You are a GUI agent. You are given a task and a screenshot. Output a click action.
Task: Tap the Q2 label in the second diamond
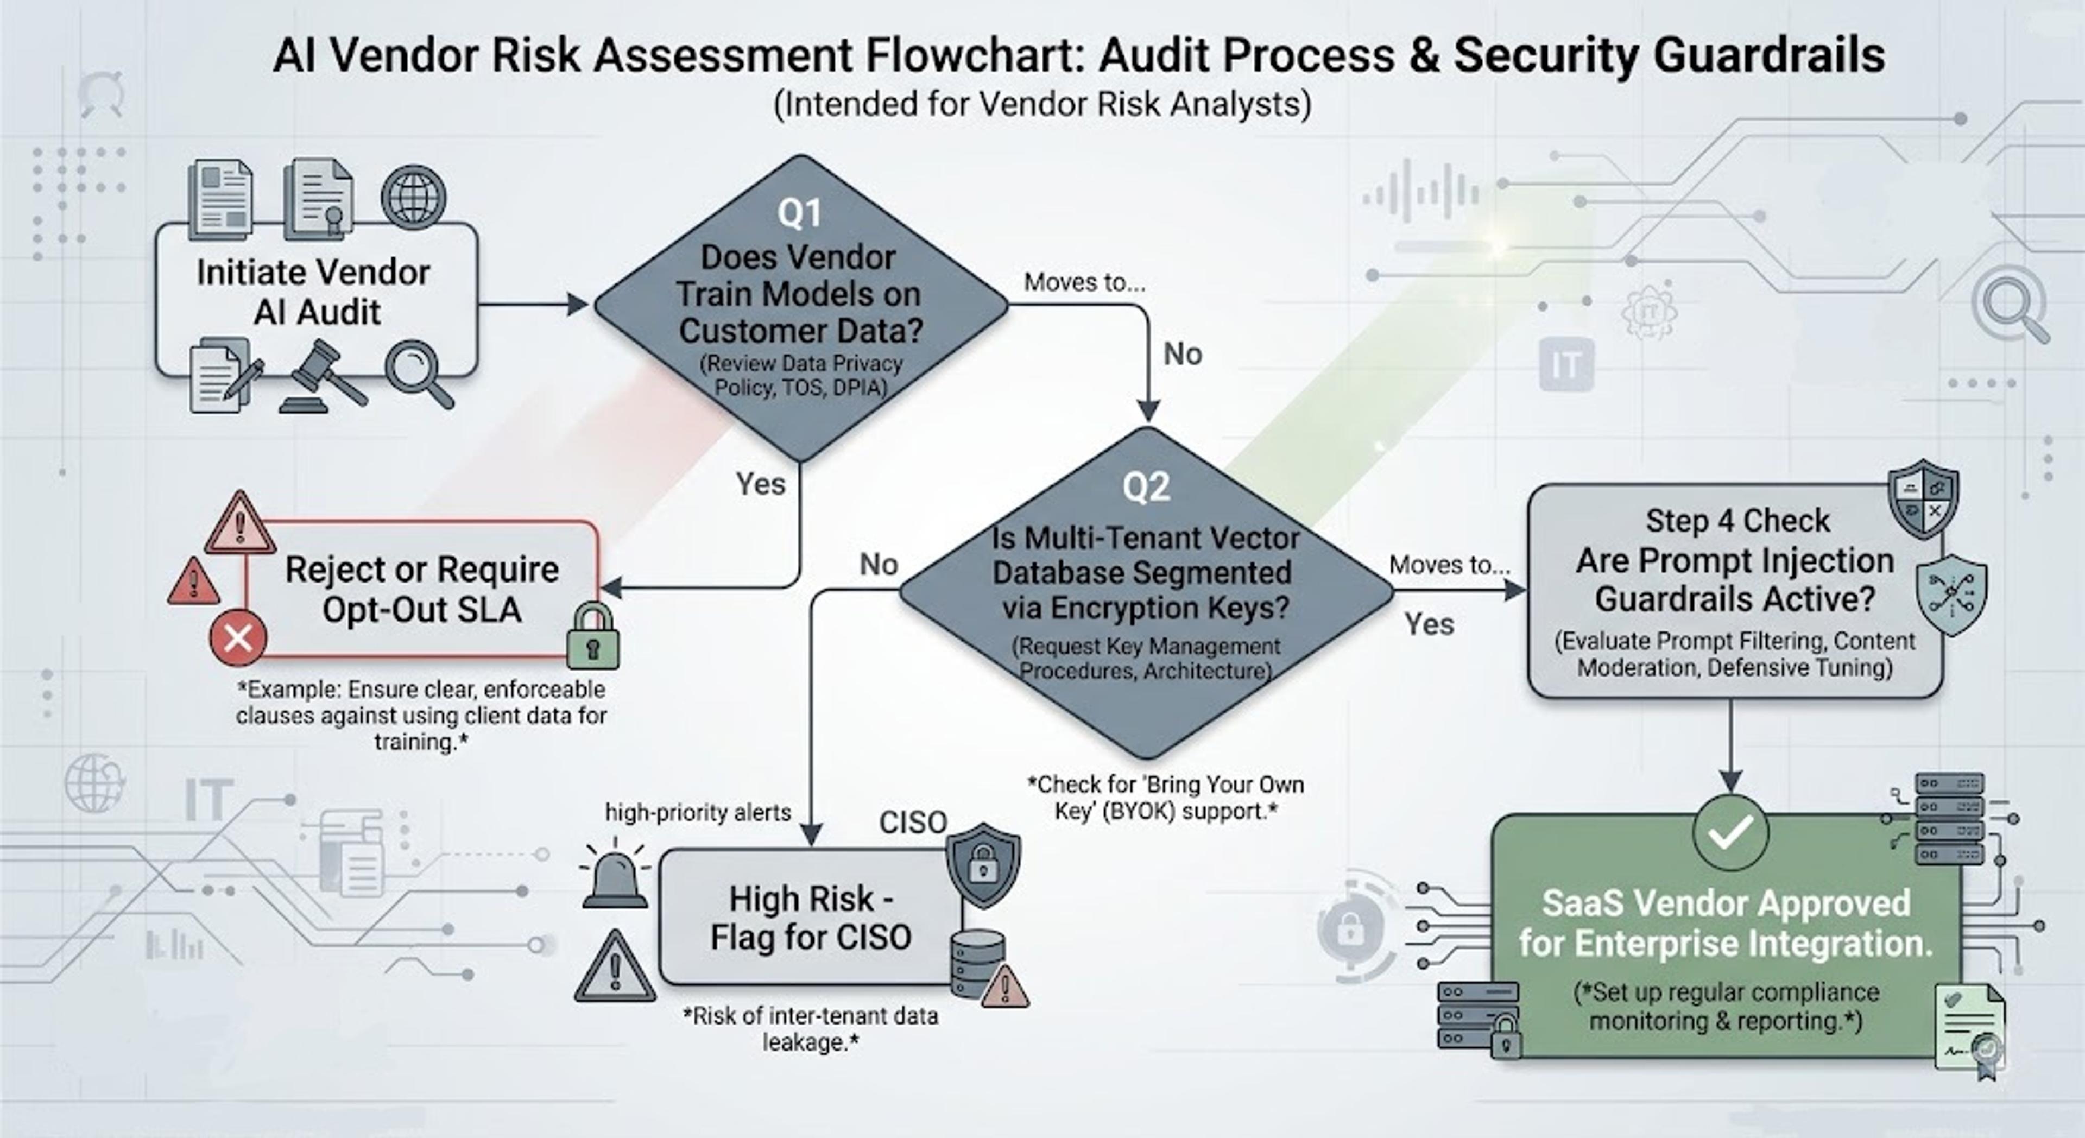point(1146,486)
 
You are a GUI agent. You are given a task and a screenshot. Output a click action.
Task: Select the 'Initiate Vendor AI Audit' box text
point(314,292)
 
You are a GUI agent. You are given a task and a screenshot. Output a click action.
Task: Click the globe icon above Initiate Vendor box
point(414,198)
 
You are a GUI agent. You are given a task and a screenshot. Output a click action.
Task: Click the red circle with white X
point(238,638)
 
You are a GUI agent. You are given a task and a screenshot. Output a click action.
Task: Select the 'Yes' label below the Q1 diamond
point(760,484)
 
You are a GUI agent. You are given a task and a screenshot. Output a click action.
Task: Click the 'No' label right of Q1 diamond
point(1183,353)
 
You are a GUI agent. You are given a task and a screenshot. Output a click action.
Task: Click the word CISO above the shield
point(913,823)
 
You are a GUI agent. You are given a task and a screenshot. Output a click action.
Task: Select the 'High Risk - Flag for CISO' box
point(811,917)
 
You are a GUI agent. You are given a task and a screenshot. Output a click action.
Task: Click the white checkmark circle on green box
point(1730,832)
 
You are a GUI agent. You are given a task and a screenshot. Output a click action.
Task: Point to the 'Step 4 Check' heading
point(1737,521)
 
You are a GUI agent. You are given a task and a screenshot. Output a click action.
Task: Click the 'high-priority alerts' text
point(698,813)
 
